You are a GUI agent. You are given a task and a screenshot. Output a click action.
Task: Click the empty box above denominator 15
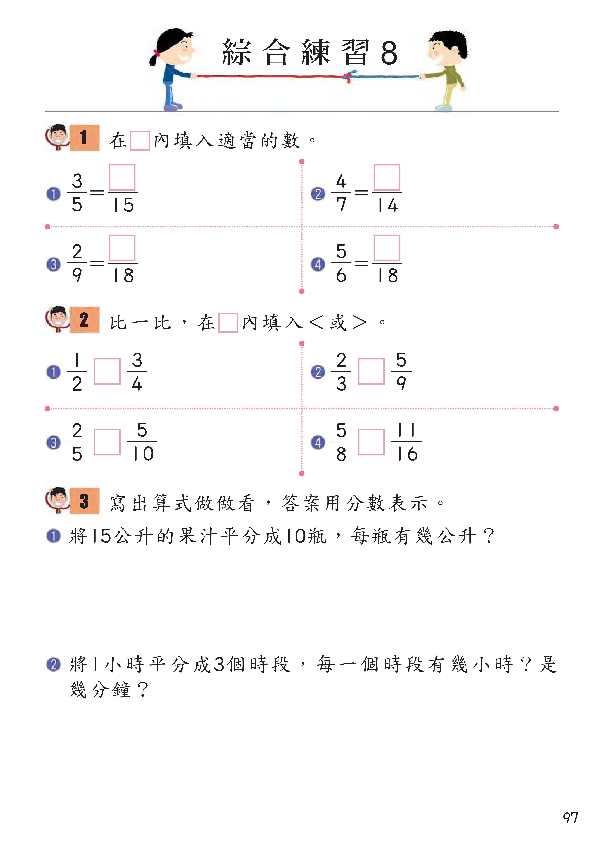122,178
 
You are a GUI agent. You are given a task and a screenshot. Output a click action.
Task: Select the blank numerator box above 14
387,178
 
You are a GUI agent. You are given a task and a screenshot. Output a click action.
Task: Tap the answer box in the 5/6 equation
387,248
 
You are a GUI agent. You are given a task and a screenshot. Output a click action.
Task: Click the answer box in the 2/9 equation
122,248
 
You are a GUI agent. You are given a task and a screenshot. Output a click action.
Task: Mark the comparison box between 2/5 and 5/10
107,442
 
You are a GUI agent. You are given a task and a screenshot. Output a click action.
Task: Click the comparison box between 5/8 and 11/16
371,442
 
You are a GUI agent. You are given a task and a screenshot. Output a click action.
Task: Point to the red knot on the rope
348,77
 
